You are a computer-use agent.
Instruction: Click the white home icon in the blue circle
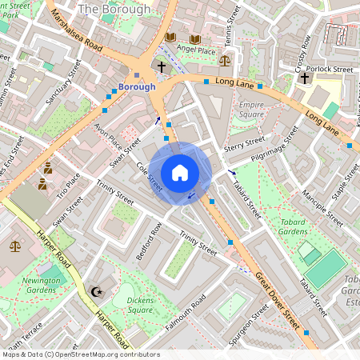click(x=180, y=172)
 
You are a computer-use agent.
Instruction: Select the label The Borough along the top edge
click(x=114, y=10)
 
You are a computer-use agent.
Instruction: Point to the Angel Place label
click(x=196, y=50)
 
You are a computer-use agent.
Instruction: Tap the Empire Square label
click(x=251, y=109)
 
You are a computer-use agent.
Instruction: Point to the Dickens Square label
click(x=130, y=305)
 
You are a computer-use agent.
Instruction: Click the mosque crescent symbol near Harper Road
click(x=98, y=293)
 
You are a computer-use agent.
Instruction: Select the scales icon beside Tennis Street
click(x=225, y=59)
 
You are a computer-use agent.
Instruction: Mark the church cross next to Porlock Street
click(x=304, y=78)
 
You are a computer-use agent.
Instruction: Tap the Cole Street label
click(x=150, y=178)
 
